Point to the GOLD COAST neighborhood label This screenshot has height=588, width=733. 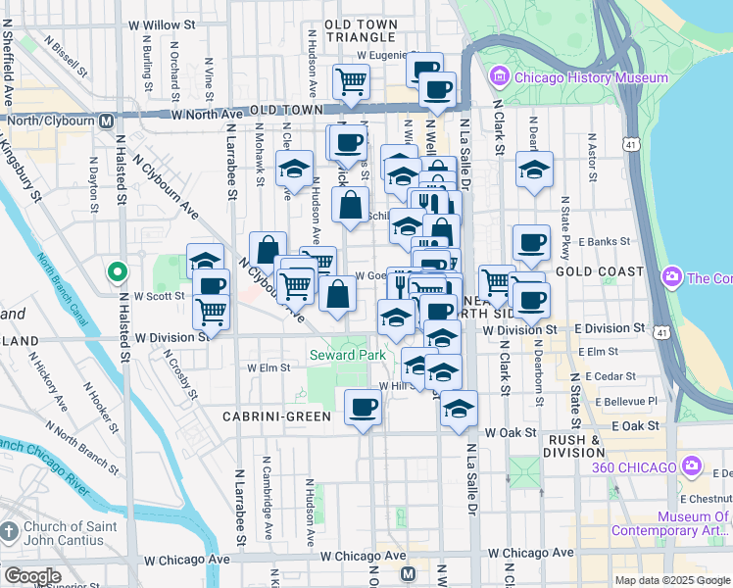[599, 270]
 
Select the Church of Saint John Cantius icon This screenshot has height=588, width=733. [9, 532]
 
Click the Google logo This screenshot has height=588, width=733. [32, 576]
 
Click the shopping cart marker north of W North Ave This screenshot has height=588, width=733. [351, 81]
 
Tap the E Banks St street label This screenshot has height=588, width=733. [602, 241]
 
